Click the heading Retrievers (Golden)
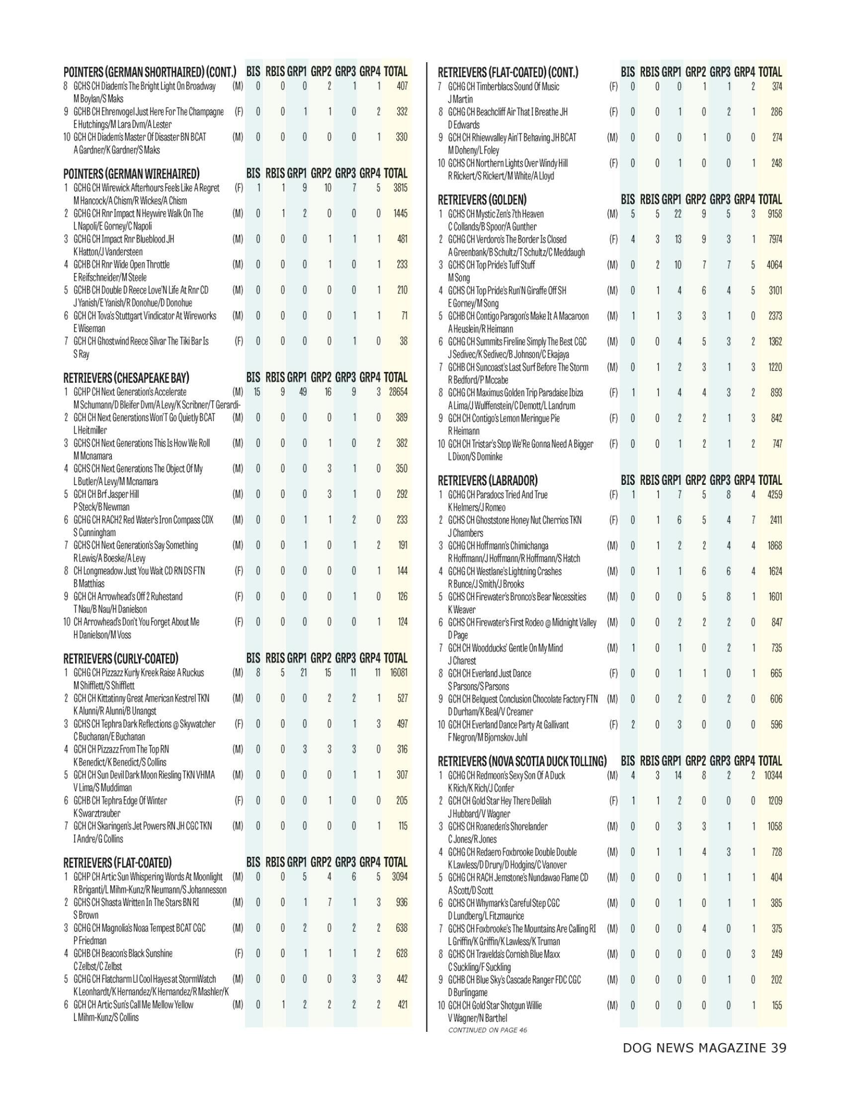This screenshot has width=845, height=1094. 482,200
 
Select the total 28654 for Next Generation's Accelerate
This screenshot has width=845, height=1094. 398,392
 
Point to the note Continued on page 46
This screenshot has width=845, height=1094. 487,1030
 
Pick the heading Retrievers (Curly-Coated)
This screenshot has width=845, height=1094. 121,658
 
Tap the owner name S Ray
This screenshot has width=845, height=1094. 81,354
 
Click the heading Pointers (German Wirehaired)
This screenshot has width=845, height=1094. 131,174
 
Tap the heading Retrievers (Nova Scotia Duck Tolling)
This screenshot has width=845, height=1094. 522,761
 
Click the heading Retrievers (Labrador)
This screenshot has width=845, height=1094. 488,480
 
